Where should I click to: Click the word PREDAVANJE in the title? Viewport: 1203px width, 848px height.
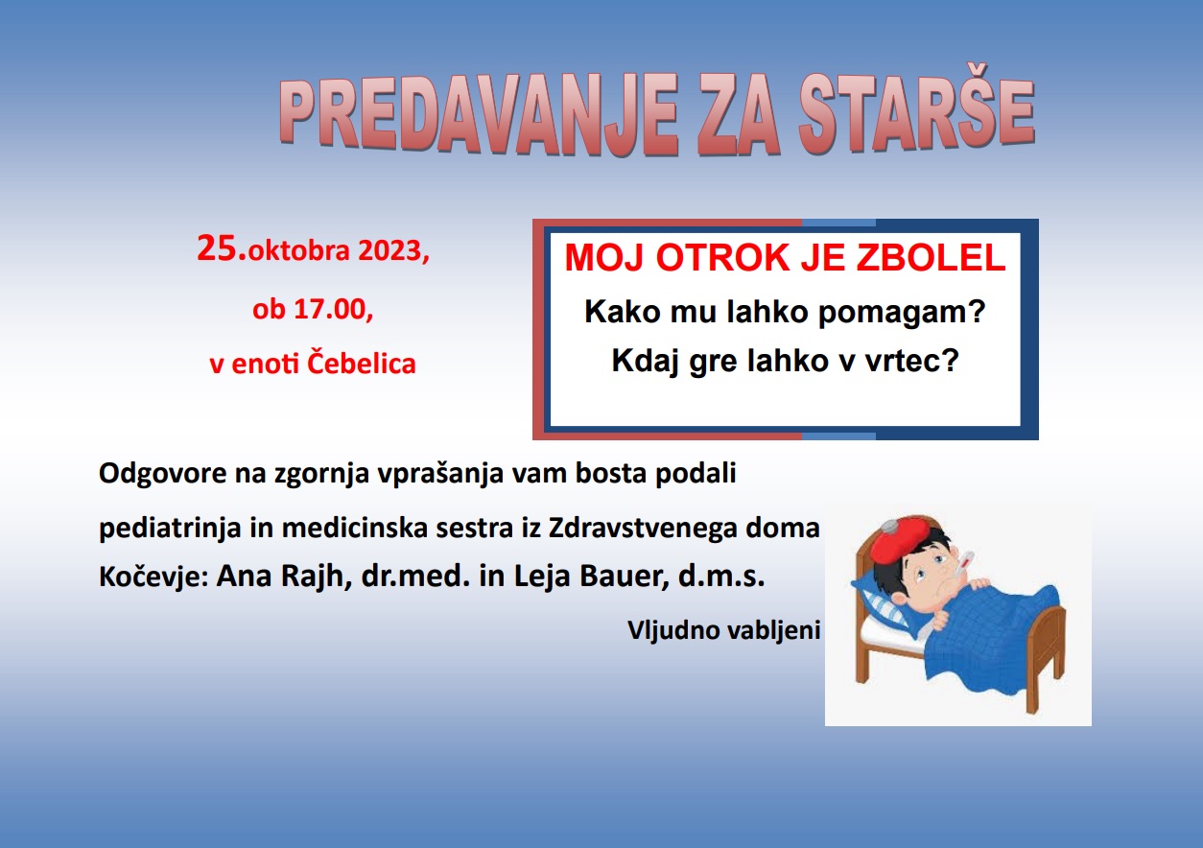479,114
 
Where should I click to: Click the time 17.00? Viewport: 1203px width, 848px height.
329,309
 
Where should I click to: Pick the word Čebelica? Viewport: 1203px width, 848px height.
362,363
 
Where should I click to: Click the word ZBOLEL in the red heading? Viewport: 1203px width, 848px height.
931,258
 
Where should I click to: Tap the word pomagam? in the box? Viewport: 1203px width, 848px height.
902,313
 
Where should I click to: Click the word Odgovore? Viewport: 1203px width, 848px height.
163,474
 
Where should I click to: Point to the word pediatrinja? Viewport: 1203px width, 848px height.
170,529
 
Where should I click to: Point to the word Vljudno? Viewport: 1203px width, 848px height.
673,630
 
